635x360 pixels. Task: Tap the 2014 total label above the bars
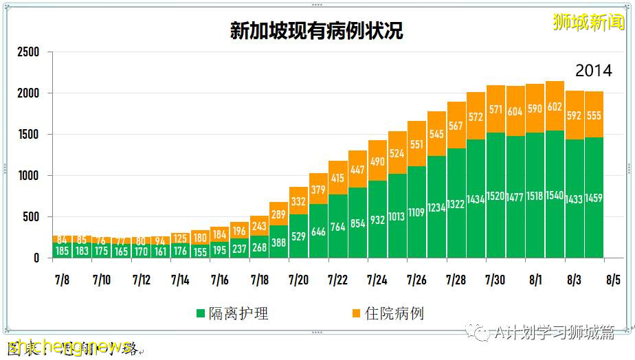pyautogui.click(x=593, y=71)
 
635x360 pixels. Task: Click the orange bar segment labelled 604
pyautogui.click(x=515, y=111)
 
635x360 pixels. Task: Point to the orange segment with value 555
pyautogui.click(x=594, y=115)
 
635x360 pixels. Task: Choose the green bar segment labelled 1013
pyautogui.click(x=397, y=216)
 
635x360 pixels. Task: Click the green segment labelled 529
pyautogui.click(x=298, y=236)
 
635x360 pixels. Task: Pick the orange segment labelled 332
pyautogui.click(x=298, y=201)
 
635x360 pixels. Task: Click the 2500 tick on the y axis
pyautogui.click(x=28, y=52)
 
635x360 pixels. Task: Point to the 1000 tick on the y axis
pyautogui.click(x=28, y=176)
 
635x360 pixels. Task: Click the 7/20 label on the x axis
pyautogui.click(x=298, y=280)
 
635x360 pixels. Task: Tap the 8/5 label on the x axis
pyautogui.click(x=613, y=280)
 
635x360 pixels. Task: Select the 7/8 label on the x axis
pyautogui.click(x=63, y=280)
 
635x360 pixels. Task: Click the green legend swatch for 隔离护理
pyautogui.click(x=201, y=314)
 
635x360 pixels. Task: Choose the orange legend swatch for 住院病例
pyautogui.click(x=355, y=314)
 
